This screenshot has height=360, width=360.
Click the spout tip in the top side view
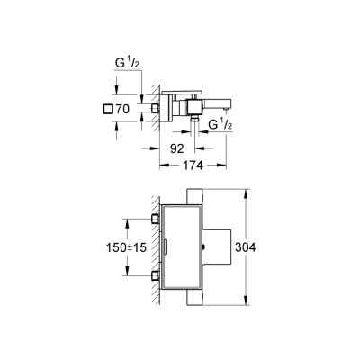tap(221, 107)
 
